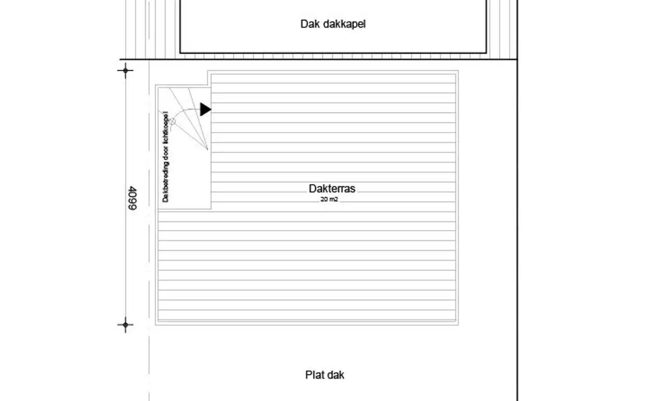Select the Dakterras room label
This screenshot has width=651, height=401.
332,188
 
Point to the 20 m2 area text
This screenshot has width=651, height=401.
329,199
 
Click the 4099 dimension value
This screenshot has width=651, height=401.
132,198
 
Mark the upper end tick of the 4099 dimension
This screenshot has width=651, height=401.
126,70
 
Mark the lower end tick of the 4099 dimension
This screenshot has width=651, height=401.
126,325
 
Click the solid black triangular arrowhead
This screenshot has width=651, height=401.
205,110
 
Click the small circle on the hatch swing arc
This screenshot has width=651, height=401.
172,121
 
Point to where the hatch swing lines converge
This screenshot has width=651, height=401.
208,149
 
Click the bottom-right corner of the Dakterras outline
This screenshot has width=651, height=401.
459,325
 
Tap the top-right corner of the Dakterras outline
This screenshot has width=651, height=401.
459,70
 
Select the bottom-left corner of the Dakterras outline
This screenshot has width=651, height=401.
155,325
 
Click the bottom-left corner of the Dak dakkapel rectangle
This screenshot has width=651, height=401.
180,53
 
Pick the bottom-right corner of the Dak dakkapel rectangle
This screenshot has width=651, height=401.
486,53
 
